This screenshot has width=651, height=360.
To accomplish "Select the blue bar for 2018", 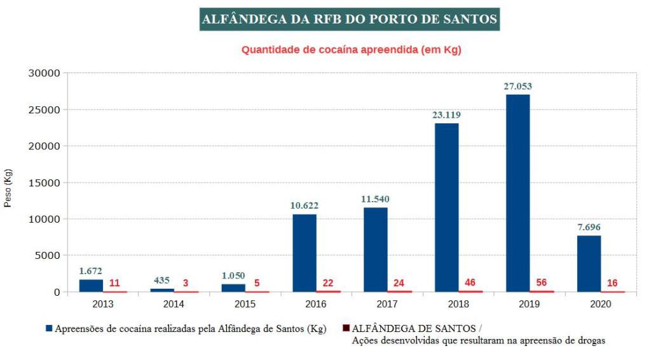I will (x=446, y=207).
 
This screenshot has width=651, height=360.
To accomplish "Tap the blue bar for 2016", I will (x=305, y=253).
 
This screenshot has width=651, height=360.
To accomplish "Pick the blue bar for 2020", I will (x=589, y=264).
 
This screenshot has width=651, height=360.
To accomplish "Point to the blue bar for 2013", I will (x=91, y=286).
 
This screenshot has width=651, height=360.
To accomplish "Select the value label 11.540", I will (x=375, y=199).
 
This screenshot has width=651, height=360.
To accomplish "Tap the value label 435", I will (x=162, y=280).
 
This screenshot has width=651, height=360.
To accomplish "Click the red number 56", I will (x=541, y=282).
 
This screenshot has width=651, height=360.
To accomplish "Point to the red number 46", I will (x=470, y=282).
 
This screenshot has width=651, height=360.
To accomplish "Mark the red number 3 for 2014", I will (x=186, y=282).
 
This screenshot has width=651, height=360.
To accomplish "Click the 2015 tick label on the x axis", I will (x=245, y=304).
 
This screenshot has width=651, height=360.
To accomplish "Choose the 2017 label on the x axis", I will (x=387, y=304).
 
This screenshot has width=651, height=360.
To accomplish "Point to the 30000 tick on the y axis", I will (x=44, y=73).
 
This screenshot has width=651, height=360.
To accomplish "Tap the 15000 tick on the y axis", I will (x=44, y=183).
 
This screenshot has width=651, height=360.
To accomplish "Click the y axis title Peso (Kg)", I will (x=8, y=189).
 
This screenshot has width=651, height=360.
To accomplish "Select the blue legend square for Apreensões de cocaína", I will (x=49, y=329).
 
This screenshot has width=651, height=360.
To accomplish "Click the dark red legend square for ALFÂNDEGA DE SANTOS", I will (x=346, y=329).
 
